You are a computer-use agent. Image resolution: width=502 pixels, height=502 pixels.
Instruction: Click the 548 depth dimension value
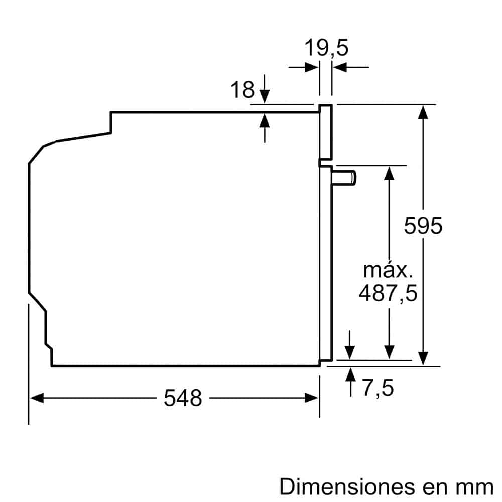click(183, 398)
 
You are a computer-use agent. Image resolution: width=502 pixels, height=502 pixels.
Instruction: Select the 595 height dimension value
click(423, 226)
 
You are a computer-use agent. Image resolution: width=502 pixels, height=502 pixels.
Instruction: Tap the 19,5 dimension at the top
click(326, 49)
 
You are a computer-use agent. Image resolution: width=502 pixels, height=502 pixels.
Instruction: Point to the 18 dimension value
click(242, 90)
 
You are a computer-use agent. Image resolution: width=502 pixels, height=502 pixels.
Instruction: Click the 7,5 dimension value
click(378, 388)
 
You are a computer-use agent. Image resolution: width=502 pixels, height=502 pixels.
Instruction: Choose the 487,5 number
click(388, 293)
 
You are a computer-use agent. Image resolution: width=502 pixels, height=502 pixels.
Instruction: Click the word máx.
click(388, 271)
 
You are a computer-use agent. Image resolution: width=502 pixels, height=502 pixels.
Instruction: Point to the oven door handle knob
click(346, 177)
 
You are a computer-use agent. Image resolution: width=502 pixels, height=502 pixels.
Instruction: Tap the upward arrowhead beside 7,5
click(350, 374)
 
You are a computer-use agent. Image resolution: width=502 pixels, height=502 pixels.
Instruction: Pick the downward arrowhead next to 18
click(265, 96)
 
